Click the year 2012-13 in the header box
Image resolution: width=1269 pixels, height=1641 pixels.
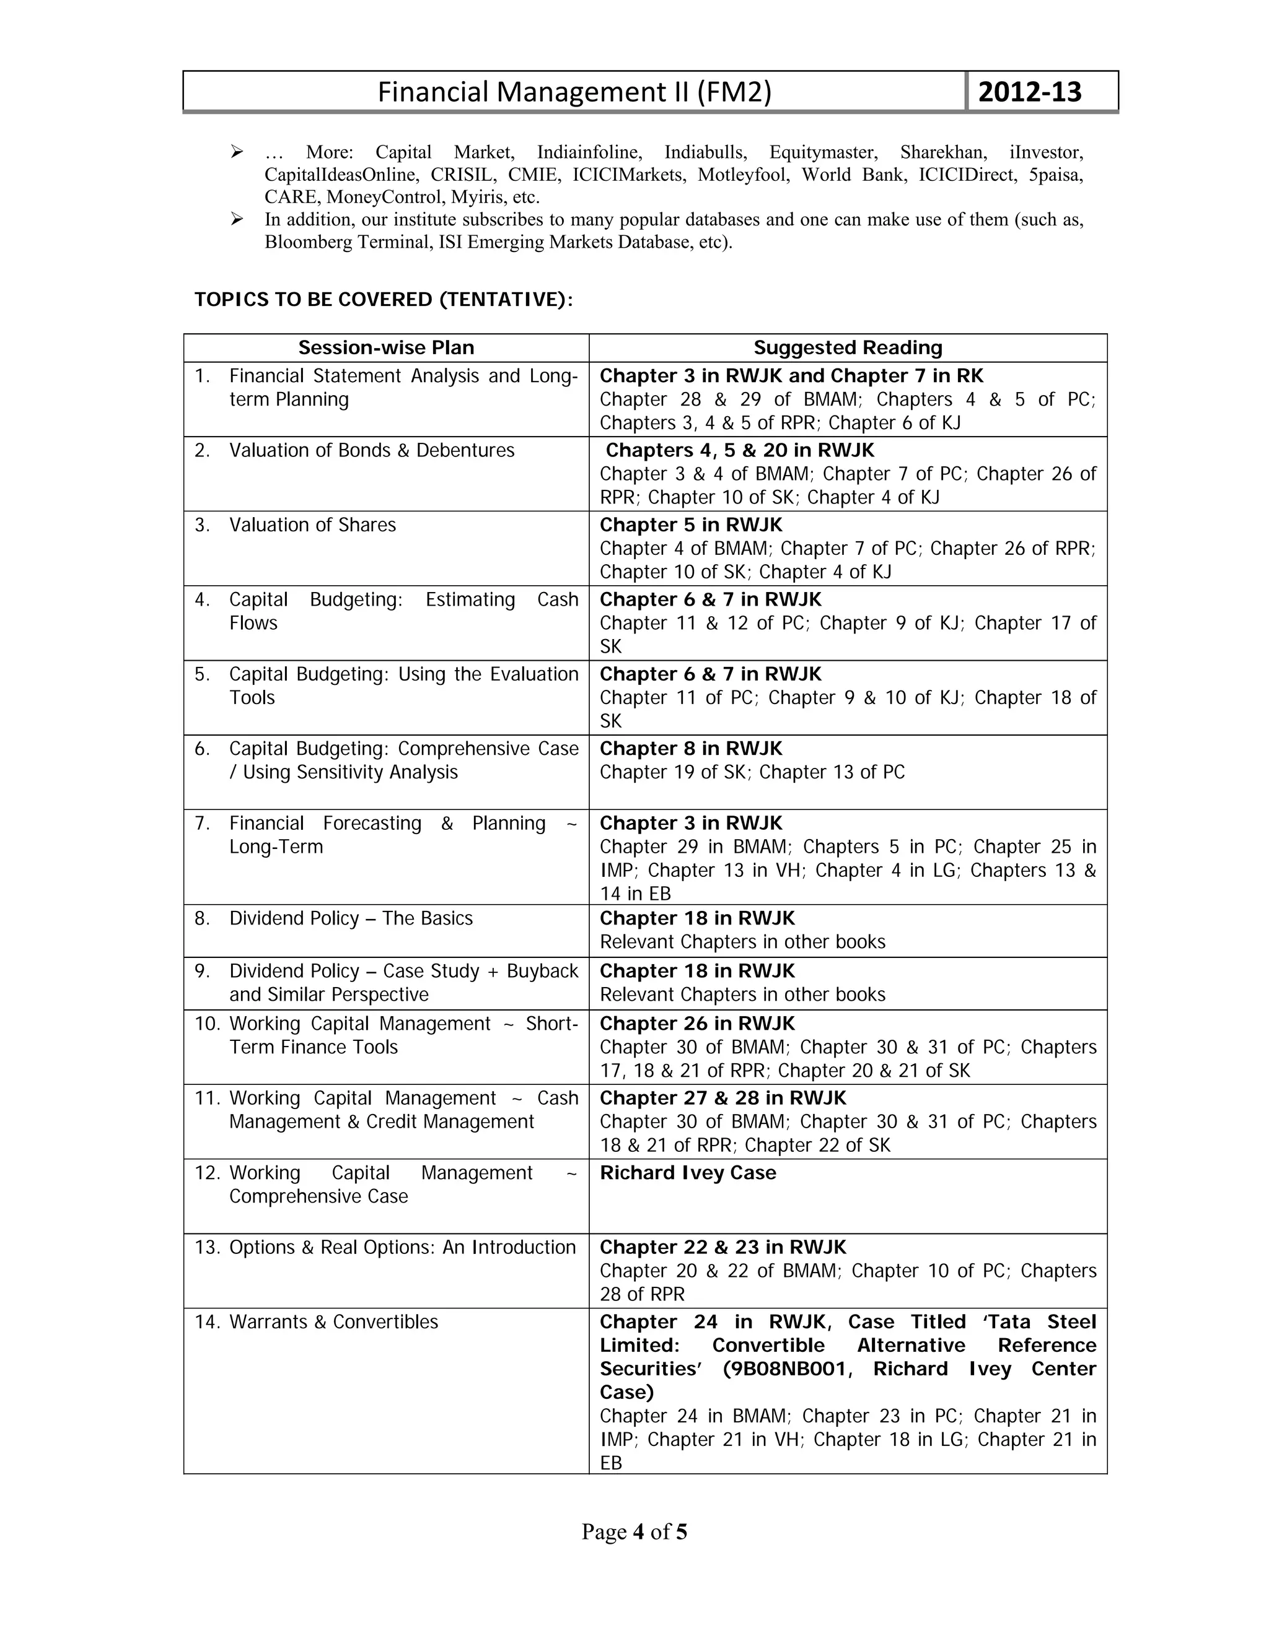coord(1029,92)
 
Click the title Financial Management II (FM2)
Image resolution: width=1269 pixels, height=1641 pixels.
coord(574,92)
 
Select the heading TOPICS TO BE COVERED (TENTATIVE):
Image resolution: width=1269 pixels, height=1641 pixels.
coord(384,300)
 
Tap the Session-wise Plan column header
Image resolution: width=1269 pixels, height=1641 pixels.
coord(385,348)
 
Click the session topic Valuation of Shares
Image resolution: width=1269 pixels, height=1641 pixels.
coord(312,525)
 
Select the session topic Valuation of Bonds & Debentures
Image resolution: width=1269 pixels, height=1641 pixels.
coord(371,450)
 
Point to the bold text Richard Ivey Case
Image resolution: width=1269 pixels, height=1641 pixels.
coord(687,1173)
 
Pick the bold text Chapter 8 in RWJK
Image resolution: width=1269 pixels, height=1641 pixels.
coord(690,749)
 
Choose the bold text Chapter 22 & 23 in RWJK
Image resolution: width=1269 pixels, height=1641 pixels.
coord(722,1247)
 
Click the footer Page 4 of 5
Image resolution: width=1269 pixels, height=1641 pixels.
coord(634,1532)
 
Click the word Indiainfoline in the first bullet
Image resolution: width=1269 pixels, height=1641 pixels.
coord(589,152)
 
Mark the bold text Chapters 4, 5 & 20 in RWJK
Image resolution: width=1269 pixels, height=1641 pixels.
coord(740,450)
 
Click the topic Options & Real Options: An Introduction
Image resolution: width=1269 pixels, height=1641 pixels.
coord(402,1247)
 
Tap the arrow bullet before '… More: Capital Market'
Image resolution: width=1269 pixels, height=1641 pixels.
coord(237,152)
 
